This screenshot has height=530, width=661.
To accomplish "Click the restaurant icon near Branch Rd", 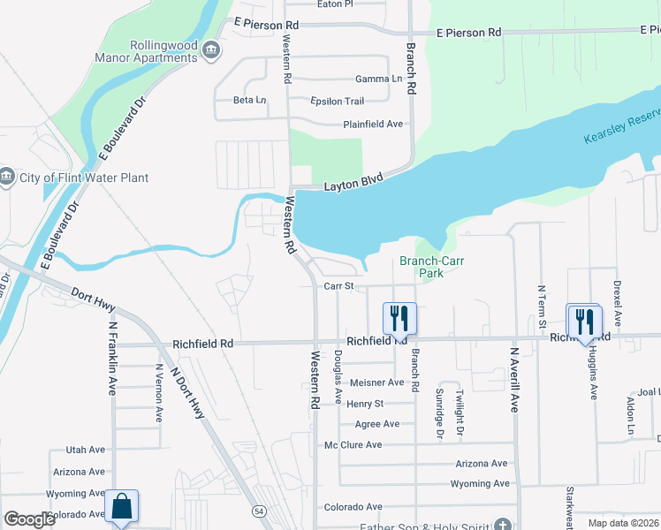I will [399, 317].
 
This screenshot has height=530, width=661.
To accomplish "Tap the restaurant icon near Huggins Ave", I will [583, 319].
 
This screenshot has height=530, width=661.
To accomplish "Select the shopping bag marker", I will [121, 507].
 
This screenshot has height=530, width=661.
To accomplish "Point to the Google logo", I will [29, 519].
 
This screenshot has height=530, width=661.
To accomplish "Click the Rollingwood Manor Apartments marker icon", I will [210, 50].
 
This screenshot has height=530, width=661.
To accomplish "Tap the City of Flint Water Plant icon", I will [7, 177].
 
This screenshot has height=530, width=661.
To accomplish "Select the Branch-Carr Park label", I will [431, 267].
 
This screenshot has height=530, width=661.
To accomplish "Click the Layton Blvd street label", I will [351, 185].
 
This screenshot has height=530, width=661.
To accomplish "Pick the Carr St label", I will [338, 286].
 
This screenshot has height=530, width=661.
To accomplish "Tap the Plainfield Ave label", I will [373, 125].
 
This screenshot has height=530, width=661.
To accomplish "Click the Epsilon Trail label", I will [338, 101].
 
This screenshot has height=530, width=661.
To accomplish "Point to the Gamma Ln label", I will [378, 79].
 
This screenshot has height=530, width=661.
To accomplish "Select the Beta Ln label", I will [249, 100].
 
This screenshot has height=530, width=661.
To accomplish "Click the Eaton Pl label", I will [335, 4].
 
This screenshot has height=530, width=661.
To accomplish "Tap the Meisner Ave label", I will [376, 382].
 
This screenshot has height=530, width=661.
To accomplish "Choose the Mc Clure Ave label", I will [353, 444].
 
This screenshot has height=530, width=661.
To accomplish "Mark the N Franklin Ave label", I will [113, 358].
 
